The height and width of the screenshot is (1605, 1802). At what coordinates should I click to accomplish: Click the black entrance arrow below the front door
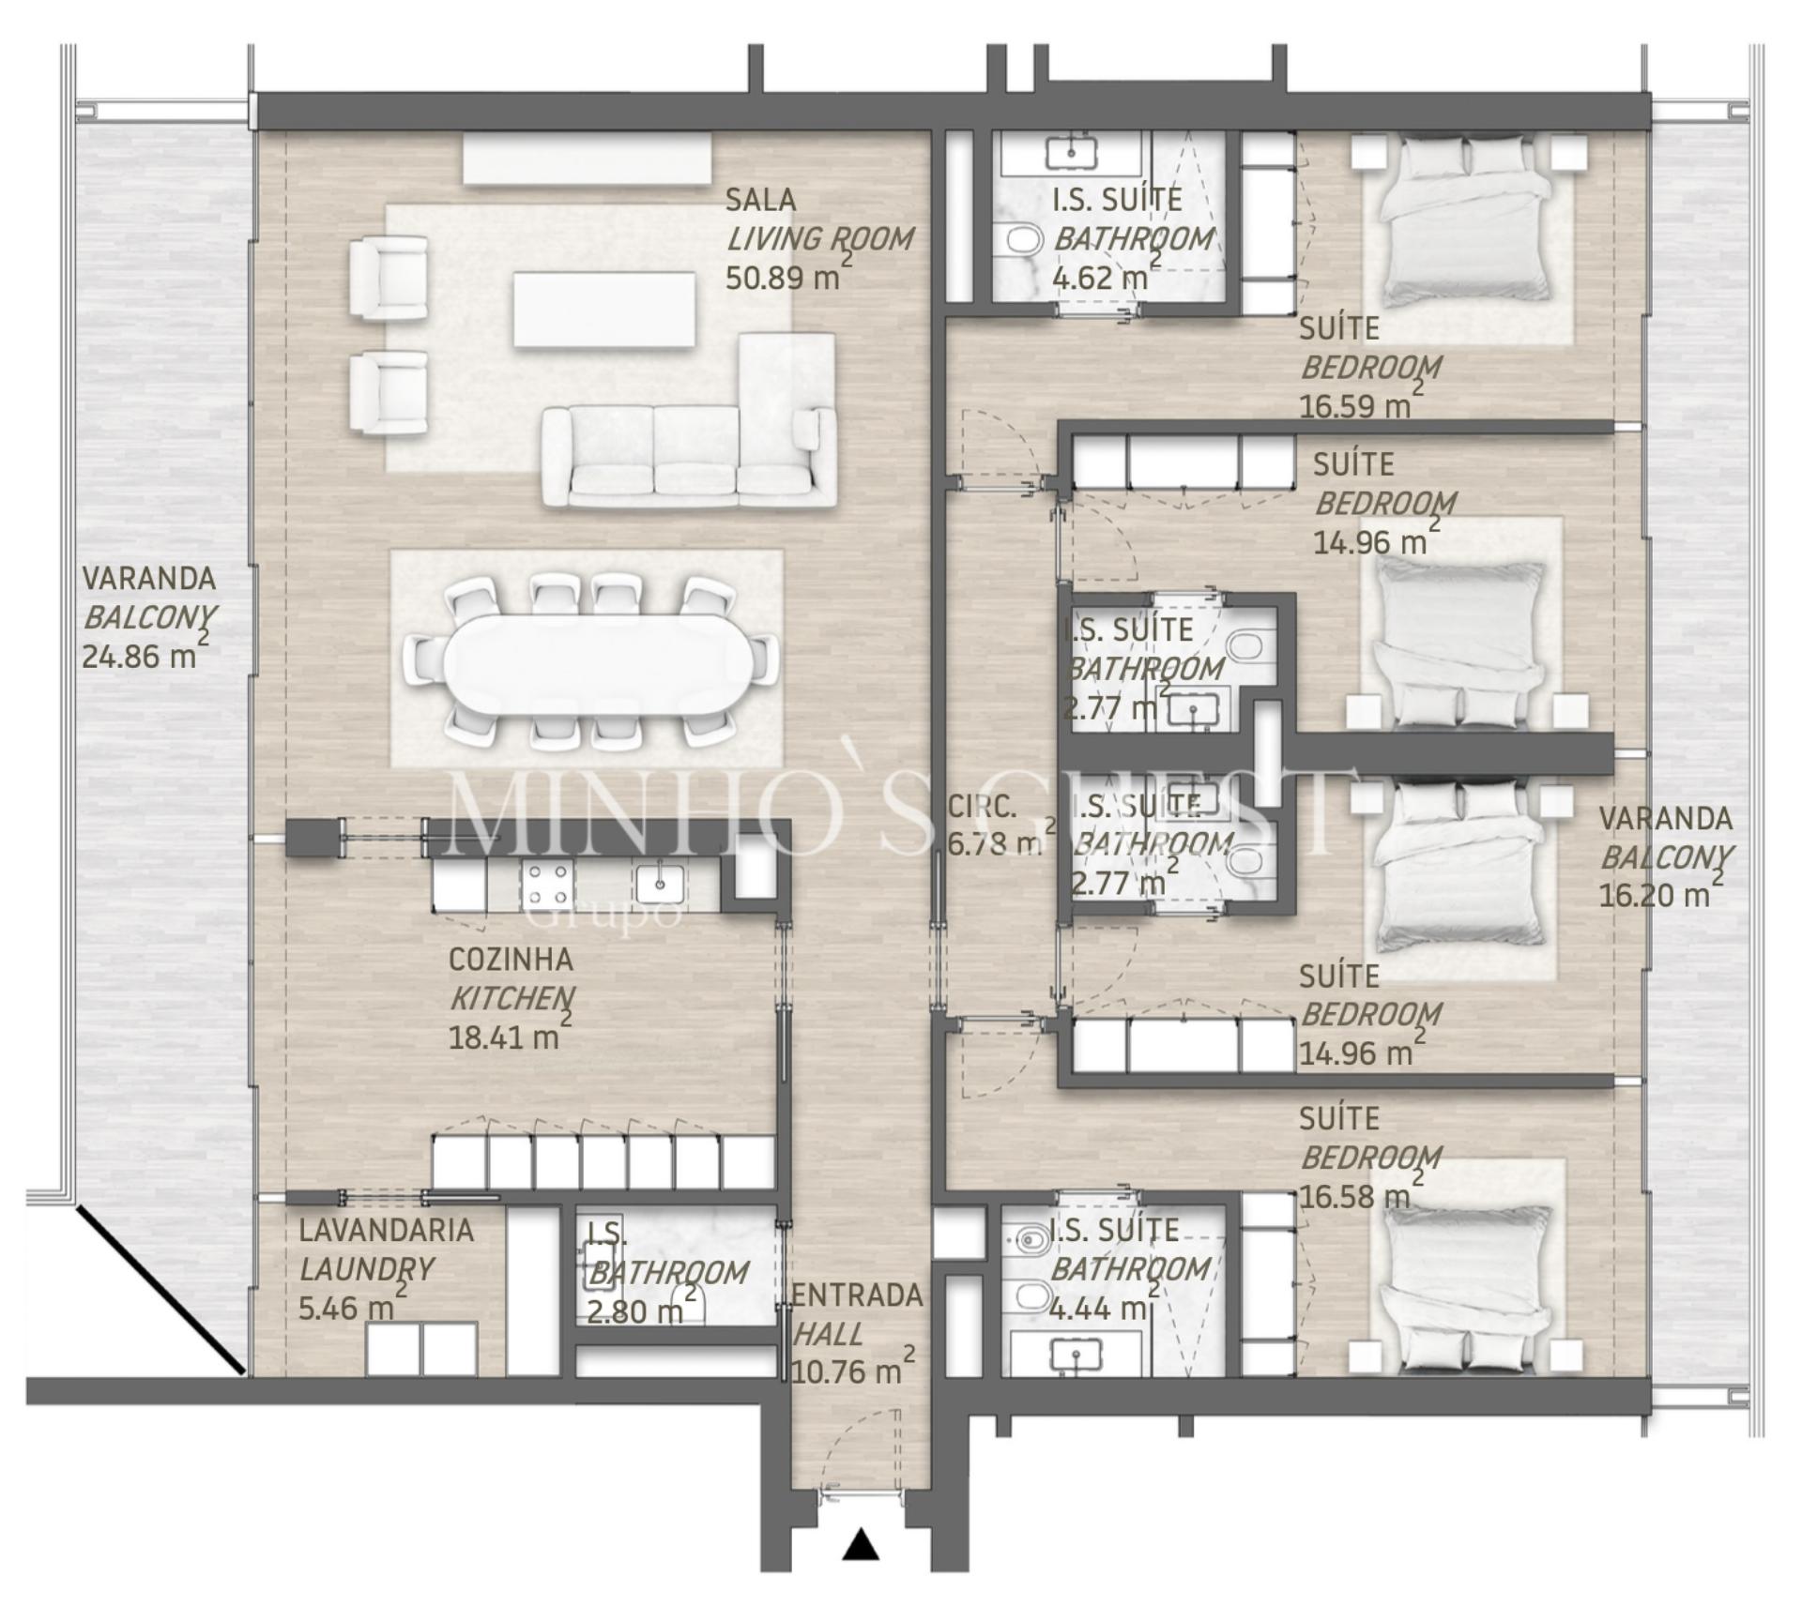(860, 1544)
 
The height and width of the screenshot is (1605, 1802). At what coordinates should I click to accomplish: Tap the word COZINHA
(511, 960)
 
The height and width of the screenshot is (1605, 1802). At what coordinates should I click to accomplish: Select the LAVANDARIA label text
(386, 1230)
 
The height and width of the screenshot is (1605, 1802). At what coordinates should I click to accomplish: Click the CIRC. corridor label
(982, 806)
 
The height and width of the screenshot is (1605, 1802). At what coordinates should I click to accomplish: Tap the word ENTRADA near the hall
(858, 1295)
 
